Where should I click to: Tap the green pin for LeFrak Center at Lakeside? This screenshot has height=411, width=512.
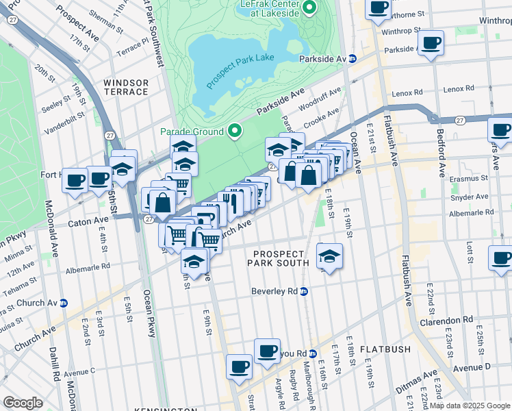(x=309, y=8)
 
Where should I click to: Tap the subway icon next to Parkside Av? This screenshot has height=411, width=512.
(x=353, y=59)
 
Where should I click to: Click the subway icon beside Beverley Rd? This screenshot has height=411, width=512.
(x=305, y=291)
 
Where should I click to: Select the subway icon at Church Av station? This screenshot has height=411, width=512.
(x=64, y=303)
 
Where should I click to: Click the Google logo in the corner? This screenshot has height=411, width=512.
(x=23, y=403)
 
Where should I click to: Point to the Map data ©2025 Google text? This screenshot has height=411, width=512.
(x=470, y=406)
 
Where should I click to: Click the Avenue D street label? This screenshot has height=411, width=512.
(x=472, y=367)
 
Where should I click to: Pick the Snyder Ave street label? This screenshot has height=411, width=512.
(x=472, y=196)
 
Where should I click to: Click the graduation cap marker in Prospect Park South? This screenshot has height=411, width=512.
(x=330, y=256)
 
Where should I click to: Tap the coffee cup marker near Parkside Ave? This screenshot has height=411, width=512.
(x=431, y=43)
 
